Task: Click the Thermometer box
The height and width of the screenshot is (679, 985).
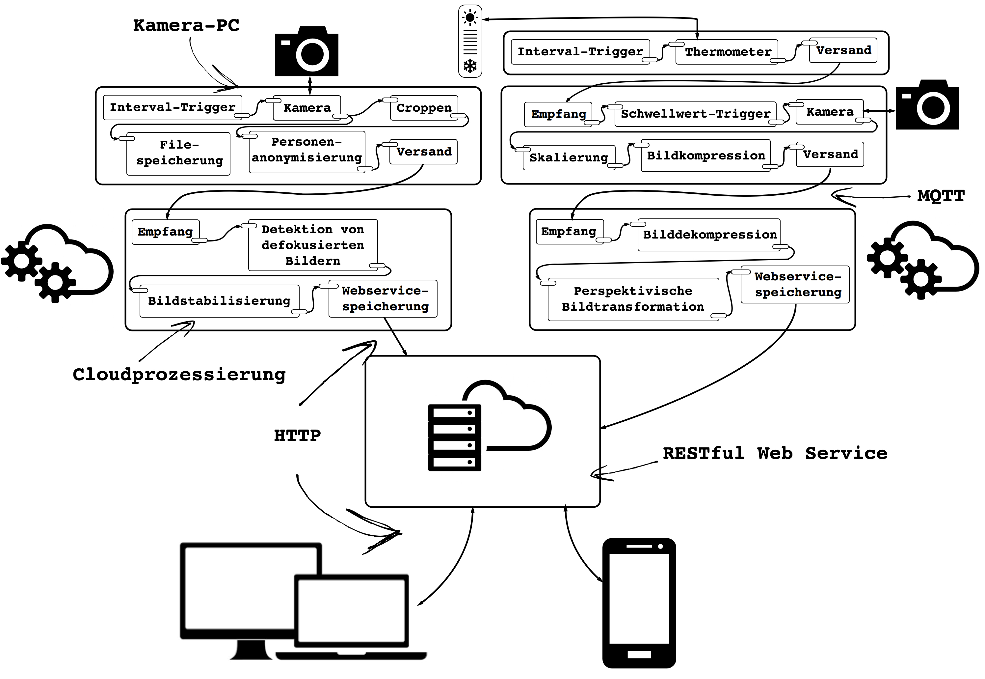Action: [727, 52]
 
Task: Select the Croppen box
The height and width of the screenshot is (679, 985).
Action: [424, 108]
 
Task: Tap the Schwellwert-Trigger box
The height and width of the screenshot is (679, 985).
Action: [696, 114]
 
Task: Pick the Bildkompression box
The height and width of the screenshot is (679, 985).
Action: [706, 156]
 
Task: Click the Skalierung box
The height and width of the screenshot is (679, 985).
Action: [569, 157]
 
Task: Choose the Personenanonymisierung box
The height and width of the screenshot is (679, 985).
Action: [307, 152]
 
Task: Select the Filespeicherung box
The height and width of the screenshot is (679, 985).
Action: [178, 154]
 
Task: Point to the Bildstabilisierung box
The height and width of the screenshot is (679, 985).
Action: [219, 301]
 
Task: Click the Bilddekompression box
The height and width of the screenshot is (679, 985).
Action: [709, 235]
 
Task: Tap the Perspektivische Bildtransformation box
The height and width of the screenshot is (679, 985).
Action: [633, 299]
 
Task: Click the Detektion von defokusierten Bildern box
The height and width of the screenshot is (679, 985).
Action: [313, 245]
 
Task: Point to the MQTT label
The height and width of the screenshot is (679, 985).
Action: [941, 196]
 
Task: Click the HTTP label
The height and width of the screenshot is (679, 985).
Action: [298, 436]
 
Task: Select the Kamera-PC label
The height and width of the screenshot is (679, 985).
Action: [186, 25]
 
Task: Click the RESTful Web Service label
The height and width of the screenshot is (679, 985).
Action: [775, 454]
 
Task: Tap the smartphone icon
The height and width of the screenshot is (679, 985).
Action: [639, 603]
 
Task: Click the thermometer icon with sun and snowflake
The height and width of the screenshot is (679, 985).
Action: [470, 41]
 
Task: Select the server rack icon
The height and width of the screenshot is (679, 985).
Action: [454, 438]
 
